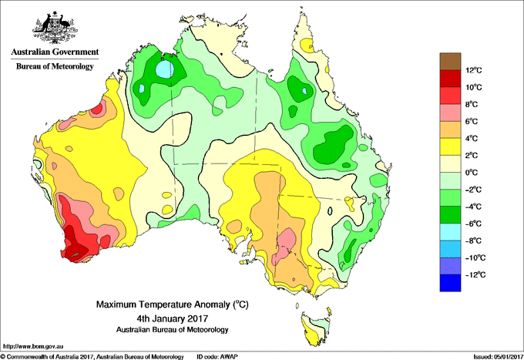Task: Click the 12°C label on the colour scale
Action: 474,70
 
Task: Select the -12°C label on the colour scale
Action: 475,274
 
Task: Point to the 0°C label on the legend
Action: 472,173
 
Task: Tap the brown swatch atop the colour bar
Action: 450,62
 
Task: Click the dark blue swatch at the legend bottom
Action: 450,283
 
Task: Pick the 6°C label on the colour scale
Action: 472,121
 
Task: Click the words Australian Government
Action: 55,52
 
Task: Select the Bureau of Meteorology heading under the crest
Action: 55,66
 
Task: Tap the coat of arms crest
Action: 55,28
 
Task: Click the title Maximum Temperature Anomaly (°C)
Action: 173,304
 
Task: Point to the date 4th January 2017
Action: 173,318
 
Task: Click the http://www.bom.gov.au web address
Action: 33,346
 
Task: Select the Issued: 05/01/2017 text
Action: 498,357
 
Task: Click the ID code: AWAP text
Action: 217,357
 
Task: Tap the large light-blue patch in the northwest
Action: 166,69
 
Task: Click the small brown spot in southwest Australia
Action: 76,254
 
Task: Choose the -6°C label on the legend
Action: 474,224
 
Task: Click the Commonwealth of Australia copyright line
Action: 92,357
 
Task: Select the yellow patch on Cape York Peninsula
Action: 307,45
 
